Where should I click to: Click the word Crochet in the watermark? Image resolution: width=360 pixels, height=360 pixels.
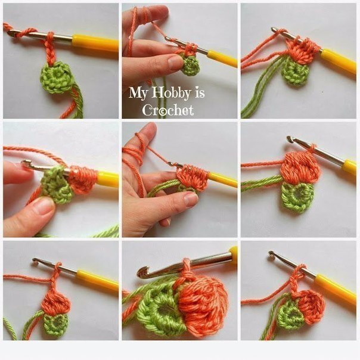(x=168, y=110)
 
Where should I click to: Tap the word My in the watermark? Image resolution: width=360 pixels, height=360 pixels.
(x=138, y=93)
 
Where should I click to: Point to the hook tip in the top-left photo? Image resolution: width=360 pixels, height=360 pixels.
(x=11, y=33)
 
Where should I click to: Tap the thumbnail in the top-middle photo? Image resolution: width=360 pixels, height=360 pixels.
(x=175, y=63)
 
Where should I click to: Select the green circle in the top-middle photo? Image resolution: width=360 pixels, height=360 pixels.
(x=191, y=65)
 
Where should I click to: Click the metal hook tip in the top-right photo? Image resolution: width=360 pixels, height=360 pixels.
(x=274, y=29)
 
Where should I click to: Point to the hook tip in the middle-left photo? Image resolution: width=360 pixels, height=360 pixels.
(x=25, y=163)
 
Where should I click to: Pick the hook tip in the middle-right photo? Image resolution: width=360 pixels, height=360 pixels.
(x=290, y=139)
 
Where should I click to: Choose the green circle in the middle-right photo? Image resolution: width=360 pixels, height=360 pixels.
(x=297, y=197)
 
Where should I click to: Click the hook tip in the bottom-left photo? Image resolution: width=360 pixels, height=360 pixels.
(x=36, y=261)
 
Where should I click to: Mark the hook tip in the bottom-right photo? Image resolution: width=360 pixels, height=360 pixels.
(x=272, y=254)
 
